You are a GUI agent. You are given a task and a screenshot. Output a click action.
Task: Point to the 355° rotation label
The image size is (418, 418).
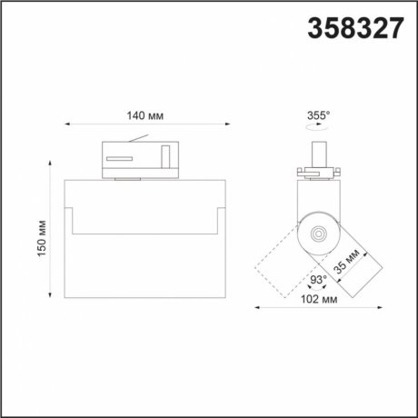[319, 115]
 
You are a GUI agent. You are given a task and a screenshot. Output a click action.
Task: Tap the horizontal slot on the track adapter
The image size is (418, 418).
[117, 159]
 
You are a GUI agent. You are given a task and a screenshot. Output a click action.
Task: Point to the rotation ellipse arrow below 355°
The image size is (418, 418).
[318, 129]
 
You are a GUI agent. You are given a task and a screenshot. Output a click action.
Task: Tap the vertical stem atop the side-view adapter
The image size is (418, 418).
[319, 154]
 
